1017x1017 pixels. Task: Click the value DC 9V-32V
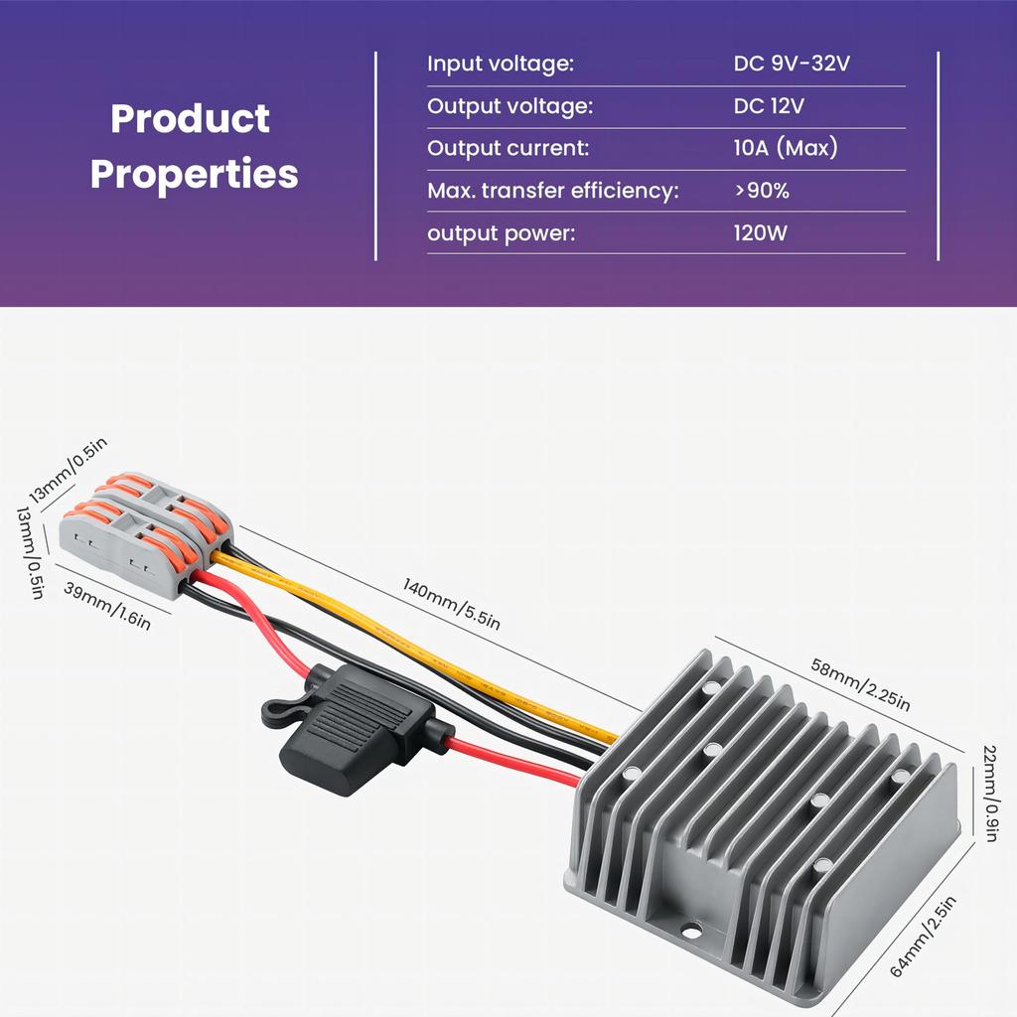pyautogui.click(x=792, y=64)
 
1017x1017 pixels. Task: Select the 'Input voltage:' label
pyautogui.click(x=501, y=65)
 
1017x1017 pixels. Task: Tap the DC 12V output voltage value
pyautogui.click(x=769, y=105)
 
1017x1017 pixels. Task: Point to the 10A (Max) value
pyautogui.click(x=786, y=148)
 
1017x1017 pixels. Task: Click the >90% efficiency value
pyautogui.click(x=762, y=191)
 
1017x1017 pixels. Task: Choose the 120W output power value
pyautogui.click(x=760, y=232)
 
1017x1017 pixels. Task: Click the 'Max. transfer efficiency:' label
pyautogui.click(x=552, y=191)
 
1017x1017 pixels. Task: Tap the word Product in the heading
pyautogui.click(x=190, y=119)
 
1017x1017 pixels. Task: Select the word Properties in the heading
pyautogui.click(x=194, y=175)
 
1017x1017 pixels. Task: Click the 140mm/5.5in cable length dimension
pyautogui.click(x=452, y=604)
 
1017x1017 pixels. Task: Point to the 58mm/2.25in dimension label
pyautogui.click(x=861, y=684)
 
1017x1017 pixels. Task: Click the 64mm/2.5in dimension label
pyautogui.click(x=923, y=936)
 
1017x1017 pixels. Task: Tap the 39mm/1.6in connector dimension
pyautogui.click(x=107, y=606)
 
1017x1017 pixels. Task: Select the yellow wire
pyautogui.click(x=415, y=649)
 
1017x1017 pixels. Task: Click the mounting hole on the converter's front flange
pyautogui.click(x=691, y=932)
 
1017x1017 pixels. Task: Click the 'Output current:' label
pyautogui.click(x=508, y=149)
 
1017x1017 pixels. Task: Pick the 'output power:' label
pyautogui.click(x=501, y=233)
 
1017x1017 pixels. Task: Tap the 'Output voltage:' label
pyautogui.click(x=509, y=106)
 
